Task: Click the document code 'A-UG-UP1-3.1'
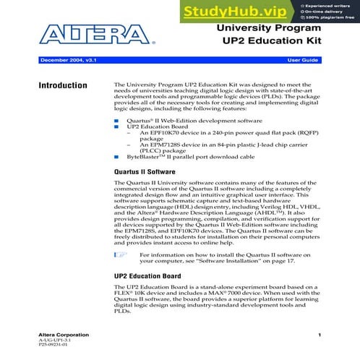[x=53, y=342]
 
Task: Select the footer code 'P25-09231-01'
[x=53, y=348]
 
